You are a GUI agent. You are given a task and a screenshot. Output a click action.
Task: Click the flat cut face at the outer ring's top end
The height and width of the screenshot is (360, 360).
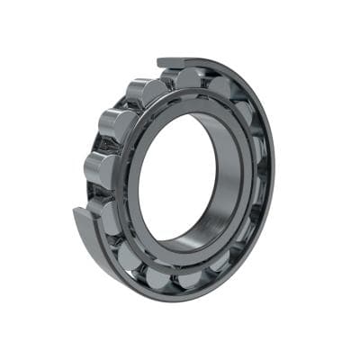171,63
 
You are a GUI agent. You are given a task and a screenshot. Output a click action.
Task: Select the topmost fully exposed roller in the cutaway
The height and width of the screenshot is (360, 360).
145,91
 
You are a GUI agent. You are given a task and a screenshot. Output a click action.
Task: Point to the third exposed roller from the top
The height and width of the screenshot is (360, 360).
101,167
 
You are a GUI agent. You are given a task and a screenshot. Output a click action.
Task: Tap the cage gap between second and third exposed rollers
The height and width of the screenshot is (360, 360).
105,147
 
